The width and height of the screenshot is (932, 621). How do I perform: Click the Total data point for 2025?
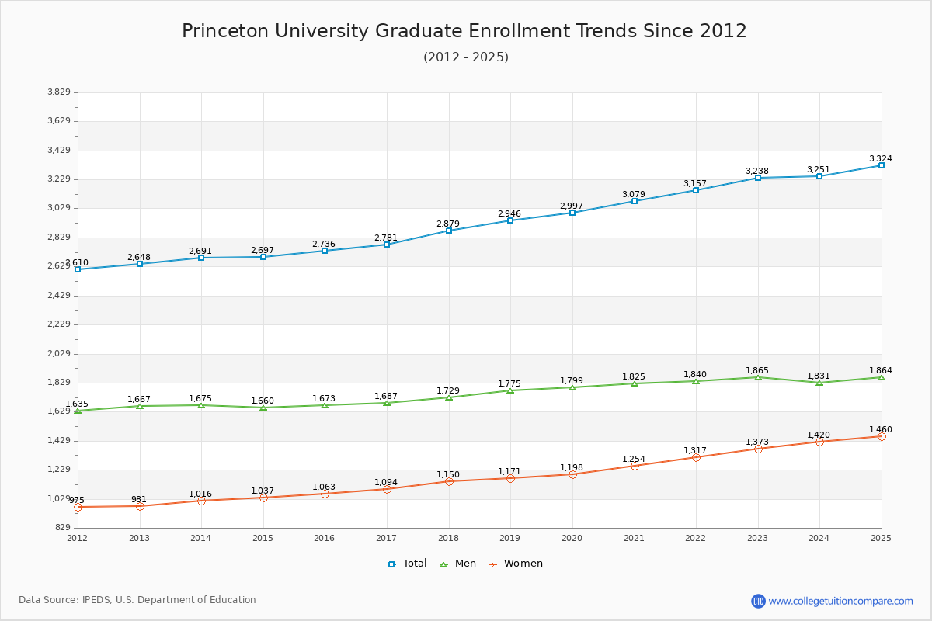point(881,165)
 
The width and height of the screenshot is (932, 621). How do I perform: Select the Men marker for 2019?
point(510,390)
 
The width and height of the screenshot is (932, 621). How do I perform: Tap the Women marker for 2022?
point(696,457)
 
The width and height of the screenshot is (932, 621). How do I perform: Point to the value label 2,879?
point(449,224)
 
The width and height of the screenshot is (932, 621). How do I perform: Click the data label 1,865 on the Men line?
point(757,370)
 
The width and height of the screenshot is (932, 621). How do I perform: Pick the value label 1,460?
point(881,429)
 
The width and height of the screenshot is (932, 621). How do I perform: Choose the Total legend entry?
point(408,564)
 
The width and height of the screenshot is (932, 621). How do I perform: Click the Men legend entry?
point(458,564)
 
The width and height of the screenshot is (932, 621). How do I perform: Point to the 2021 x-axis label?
point(634,538)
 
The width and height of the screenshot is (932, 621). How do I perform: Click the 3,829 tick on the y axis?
point(59,92)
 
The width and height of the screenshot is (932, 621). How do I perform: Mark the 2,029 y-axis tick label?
point(59,354)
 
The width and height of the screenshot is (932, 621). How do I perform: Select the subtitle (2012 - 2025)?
point(466,57)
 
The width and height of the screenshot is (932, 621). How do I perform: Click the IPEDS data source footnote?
point(137,600)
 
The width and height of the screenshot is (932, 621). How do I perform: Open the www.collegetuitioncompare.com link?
point(840,601)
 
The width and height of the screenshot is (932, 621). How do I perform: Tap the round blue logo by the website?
point(758,601)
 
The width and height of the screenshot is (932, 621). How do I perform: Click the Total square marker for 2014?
point(201,258)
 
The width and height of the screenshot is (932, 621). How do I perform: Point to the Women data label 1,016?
point(200,494)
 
